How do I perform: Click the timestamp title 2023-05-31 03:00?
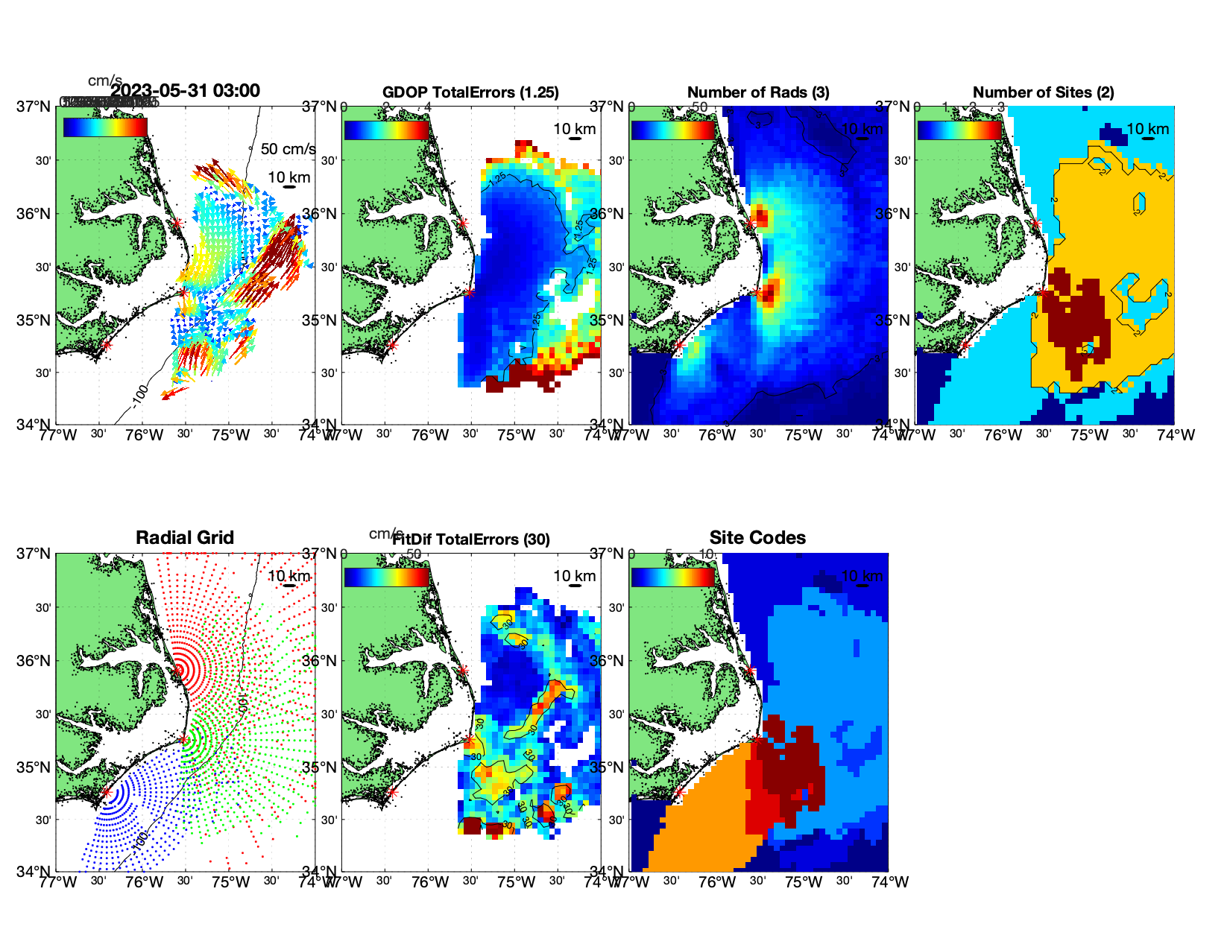click(186, 91)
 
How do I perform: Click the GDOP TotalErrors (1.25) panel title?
click(470, 92)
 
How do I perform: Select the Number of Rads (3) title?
click(758, 92)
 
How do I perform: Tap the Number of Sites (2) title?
click(1043, 92)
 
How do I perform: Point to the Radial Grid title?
click(185, 538)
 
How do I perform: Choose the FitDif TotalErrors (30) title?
click(471, 539)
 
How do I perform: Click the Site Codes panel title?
click(757, 538)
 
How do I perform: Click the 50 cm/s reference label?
click(288, 149)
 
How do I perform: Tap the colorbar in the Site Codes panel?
click(673, 577)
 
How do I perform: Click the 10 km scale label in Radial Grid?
click(288, 576)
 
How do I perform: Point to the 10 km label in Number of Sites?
click(1147, 129)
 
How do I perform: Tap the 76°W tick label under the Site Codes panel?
click(717, 882)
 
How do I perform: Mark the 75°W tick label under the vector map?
click(230, 435)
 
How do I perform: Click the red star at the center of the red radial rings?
click(178, 670)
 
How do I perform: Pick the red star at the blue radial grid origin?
click(106, 792)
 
